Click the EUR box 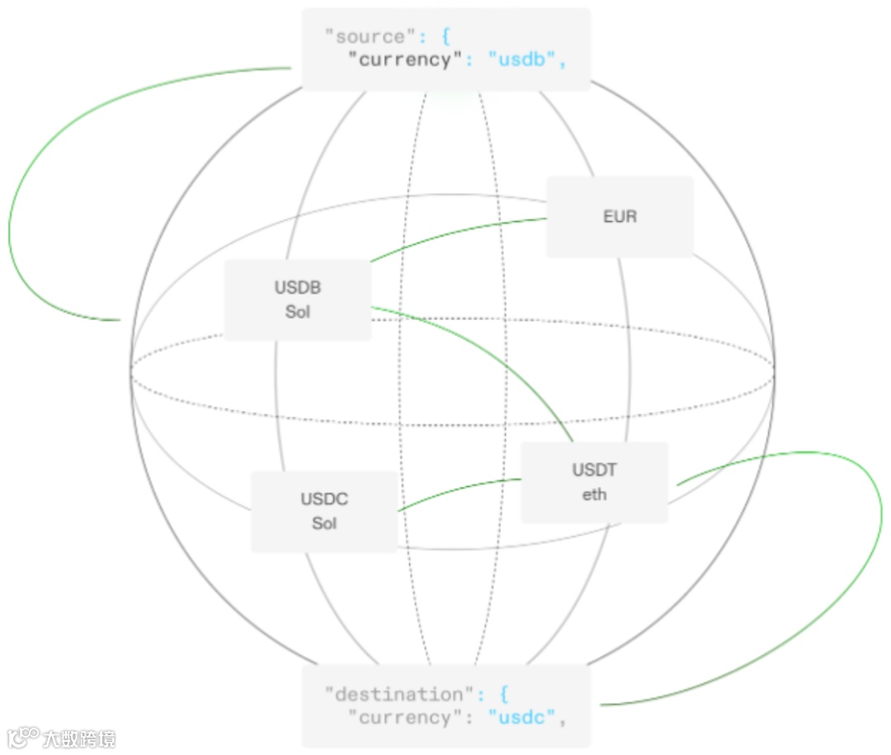point(620,217)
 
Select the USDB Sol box point(298,300)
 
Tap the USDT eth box point(594,482)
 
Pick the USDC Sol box point(324,511)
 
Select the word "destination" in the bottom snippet point(394,694)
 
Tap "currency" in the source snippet point(405,60)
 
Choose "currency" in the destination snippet point(405,718)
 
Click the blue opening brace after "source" point(446,37)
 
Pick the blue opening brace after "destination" point(503,694)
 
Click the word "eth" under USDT point(594,494)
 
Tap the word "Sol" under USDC point(324,523)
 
